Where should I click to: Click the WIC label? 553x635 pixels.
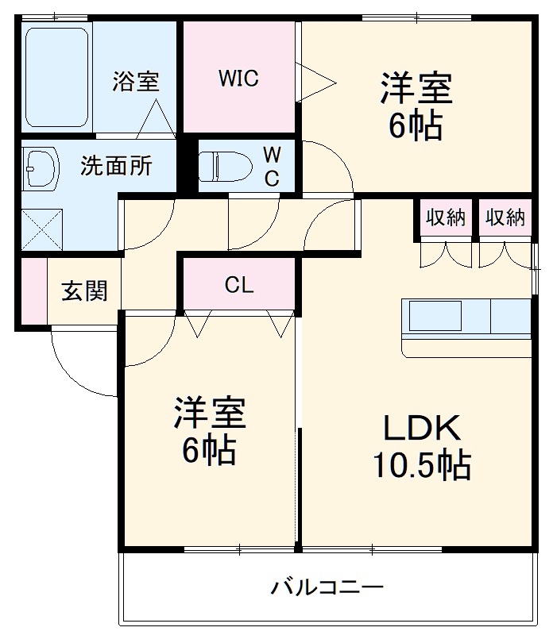(238, 78)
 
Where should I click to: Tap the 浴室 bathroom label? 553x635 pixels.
(136, 81)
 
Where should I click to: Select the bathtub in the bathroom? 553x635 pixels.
(56, 77)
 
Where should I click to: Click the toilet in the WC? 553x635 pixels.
(225, 166)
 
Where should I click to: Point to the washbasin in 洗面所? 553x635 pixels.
(41, 167)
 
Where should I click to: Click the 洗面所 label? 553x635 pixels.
(116, 166)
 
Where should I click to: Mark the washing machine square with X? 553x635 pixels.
(42, 229)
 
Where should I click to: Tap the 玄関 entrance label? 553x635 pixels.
(85, 291)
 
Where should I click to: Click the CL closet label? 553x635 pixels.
(239, 285)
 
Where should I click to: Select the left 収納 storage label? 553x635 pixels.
(445, 217)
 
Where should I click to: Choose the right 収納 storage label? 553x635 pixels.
(505, 217)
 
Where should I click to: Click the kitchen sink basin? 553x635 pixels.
(435, 316)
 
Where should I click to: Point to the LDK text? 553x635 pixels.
(422, 428)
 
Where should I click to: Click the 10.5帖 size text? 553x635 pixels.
(422, 465)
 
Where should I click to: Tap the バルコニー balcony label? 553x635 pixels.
(327, 587)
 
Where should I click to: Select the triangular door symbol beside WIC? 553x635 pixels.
(315, 83)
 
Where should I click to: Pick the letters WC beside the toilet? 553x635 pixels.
(272, 166)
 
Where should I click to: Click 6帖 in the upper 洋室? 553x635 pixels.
(416, 125)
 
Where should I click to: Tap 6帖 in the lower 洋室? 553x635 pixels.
(209, 449)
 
